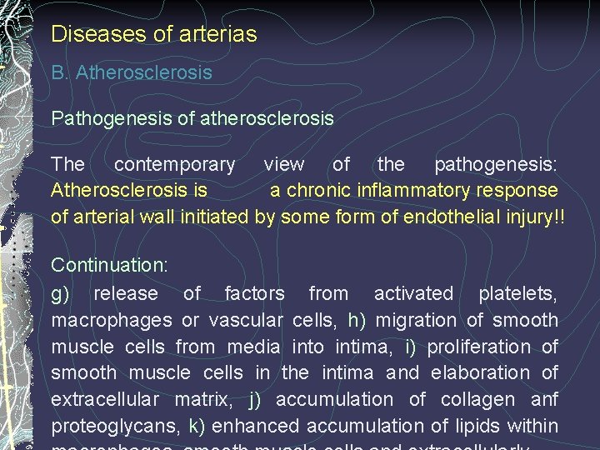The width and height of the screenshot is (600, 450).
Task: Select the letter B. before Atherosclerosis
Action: coord(59,72)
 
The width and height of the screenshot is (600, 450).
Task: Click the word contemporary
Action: coord(174,165)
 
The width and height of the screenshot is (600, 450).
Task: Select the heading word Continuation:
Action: coord(109,266)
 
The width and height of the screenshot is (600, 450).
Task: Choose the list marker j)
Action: coord(257,399)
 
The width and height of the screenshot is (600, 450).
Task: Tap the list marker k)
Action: coord(197,426)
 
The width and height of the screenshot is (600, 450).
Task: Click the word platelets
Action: coord(517,293)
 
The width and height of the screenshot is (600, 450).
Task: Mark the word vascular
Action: coord(247,320)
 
